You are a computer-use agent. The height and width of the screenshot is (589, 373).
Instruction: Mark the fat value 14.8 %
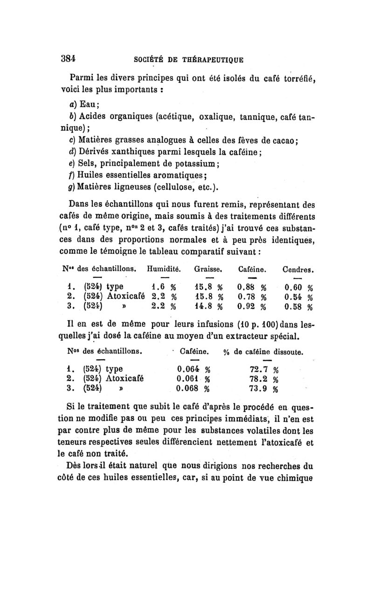click(208, 307)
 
